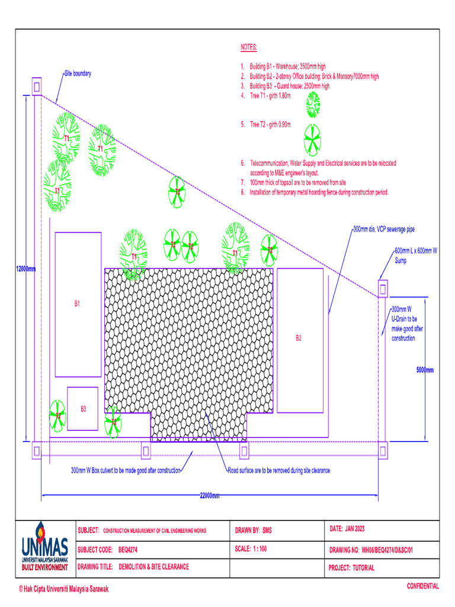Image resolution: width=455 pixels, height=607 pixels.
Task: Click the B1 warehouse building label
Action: pos(77,303)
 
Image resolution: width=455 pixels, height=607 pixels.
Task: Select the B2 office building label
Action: pos(299,338)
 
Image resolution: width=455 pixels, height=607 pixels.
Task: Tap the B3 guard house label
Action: pos(84,408)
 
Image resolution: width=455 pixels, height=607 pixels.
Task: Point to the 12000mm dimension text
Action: pos(25,269)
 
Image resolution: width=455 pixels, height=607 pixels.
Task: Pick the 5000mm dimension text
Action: pos(424,370)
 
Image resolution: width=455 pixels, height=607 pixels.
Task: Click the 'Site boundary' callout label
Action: pos(78,74)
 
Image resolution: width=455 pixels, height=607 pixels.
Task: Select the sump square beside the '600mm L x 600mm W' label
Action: pos(383,289)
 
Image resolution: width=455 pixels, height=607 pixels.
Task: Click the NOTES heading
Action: pos(249,46)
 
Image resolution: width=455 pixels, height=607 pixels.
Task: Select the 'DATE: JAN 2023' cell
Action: pos(350,528)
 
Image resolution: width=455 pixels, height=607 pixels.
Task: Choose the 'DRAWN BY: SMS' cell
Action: pos(254,530)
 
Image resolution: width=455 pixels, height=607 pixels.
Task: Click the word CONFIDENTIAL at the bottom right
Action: pos(422,586)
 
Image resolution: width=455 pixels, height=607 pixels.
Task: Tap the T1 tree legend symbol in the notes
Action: pos(313,105)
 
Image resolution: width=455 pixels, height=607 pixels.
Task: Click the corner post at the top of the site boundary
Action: pos(37,87)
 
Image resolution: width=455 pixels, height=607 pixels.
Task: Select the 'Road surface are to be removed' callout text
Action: pos(279,471)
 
